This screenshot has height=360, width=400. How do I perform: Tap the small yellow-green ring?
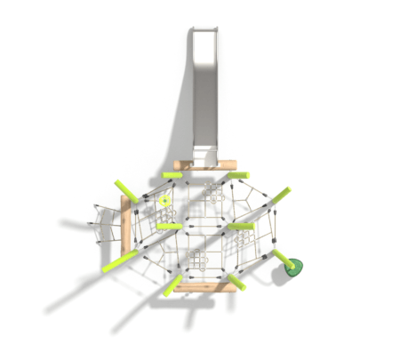click(x=164, y=202)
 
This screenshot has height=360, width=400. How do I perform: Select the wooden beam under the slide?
click(x=205, y=164)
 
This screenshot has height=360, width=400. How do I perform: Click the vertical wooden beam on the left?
click(x=126, y=227)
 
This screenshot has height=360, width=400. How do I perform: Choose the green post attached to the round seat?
click(x=281, y=257)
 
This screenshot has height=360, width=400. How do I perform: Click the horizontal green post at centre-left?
click(x=169, y=226)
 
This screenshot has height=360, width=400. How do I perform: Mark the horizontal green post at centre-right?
click(x=240, y=226)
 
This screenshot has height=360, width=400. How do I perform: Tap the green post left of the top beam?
click(x=172, y=175)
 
